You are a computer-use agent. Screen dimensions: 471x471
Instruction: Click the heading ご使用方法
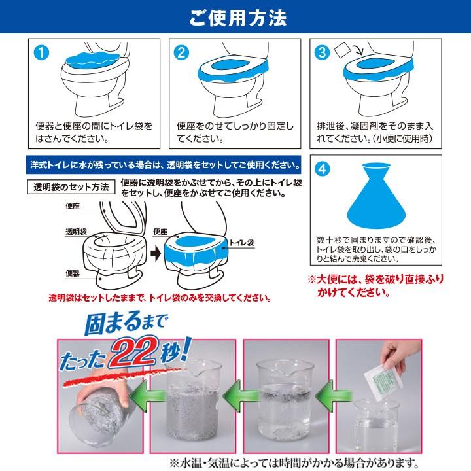tap(238, 18)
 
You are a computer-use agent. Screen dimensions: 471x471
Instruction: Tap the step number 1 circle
tap(41, 53)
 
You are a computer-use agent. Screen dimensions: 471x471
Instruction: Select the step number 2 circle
tap(181, 53)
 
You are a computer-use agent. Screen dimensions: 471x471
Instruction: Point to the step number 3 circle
tap(322, 53)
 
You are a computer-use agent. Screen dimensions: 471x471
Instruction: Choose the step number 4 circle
tap(322, 169)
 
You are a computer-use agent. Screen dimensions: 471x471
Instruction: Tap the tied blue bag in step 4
tap(376, 196)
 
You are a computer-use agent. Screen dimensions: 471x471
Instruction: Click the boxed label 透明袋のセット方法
tap(71, 187)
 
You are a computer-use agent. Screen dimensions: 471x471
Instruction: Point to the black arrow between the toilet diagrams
tap(156, 254)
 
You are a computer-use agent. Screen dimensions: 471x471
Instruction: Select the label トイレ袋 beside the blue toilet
tap(242, 243)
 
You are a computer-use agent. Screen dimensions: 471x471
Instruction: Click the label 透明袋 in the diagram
tap(76, 232)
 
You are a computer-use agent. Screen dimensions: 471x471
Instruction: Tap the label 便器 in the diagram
tap(73, 273)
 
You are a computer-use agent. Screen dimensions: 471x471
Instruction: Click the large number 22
tap(134, 351)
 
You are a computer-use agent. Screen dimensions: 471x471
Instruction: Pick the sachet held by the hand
tap(379, 381)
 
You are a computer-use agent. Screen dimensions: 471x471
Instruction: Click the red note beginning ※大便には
tap(375, 286)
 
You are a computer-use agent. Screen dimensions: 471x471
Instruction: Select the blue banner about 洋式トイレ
tap(164, 165)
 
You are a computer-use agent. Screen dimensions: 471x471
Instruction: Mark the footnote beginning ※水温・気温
tap(294, 462)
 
